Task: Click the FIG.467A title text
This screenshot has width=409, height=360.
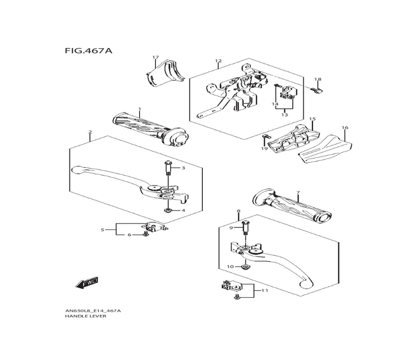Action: pyautogui.click(x=88, y=51)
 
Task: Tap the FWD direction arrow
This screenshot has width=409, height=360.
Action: pyautogui.click(x=87, y=283)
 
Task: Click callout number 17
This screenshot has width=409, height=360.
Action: pyautogui.click(x=155, y=57)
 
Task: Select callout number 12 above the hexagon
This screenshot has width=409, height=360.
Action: pyautogui.click(x=218, y=61)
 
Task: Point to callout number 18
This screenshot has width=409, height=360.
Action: pyautogui.click(x=318, y=79)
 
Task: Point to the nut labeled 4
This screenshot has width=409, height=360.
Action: pyautogui.click(x=168, y=210)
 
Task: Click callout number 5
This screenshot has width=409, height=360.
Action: pyautogui.click(x=103, y=230)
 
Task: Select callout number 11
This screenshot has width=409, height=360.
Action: pyautogui.click(x=264, y=290)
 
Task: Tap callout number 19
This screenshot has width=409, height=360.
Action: pyautogui.click(x=264, y=148)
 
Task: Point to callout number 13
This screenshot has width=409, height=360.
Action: pyautogui.click(x=284, y=115)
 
